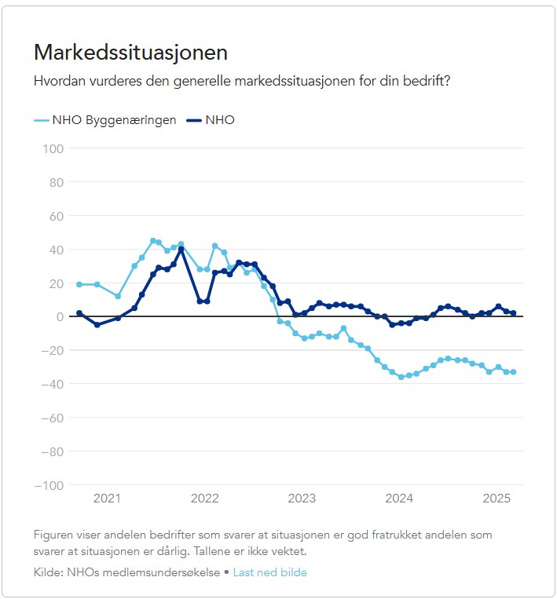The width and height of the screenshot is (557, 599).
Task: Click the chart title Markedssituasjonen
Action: tap(130, 53)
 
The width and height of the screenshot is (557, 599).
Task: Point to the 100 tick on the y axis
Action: tap(52, 148)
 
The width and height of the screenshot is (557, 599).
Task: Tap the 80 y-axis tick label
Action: tap(55, 181)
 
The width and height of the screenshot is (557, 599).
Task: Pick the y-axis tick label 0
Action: tap(59, 316)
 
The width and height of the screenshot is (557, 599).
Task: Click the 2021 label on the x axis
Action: tap(107, 498)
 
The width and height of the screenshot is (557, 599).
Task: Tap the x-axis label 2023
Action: tap(302, 498)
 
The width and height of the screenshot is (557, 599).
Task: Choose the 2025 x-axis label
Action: tap(497, 498)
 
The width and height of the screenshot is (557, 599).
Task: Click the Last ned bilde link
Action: tap(269, 572)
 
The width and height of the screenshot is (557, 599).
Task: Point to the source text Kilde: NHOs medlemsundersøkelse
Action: tap(126, 572)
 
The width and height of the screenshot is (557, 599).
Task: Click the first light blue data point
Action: tap(79, 284)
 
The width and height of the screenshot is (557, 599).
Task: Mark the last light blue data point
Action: tap(513, 372)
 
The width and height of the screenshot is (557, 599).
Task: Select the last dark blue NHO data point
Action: tap(513, 313)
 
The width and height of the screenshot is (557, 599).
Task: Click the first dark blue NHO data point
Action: tap(79, 313)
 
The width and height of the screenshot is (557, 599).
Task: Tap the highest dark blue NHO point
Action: tap(181, 249)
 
